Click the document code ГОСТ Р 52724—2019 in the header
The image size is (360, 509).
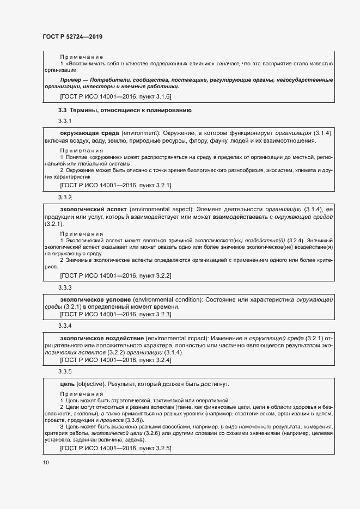(x=72, y=37)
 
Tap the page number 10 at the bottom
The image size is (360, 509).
(x=46, y=462)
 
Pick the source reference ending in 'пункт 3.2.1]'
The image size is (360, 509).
(x=115, y=186)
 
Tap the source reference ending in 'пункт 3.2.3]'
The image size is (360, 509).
(x=115, y=315)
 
